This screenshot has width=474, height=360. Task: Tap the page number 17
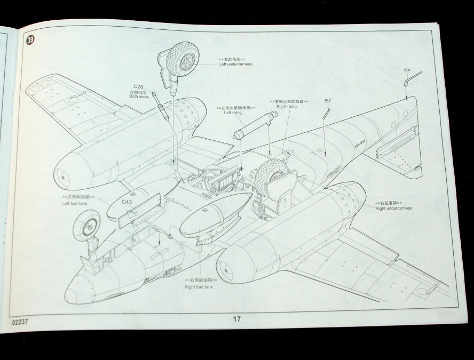(236, 319)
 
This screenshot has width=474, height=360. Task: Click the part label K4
(407, 70)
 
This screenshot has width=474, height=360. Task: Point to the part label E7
(328, 100)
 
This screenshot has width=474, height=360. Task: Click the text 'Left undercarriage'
(236, 64)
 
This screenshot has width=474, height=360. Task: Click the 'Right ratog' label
(287, 106)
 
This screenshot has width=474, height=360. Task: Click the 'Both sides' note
(138, 98)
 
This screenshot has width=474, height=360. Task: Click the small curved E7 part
(326, 114)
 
